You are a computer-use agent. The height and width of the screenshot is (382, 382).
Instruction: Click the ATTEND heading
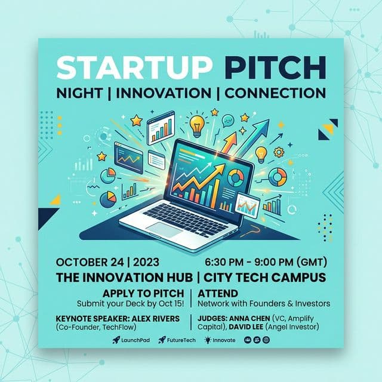pos(217,293)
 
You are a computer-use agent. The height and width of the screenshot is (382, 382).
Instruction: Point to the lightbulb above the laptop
pos(196,125)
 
